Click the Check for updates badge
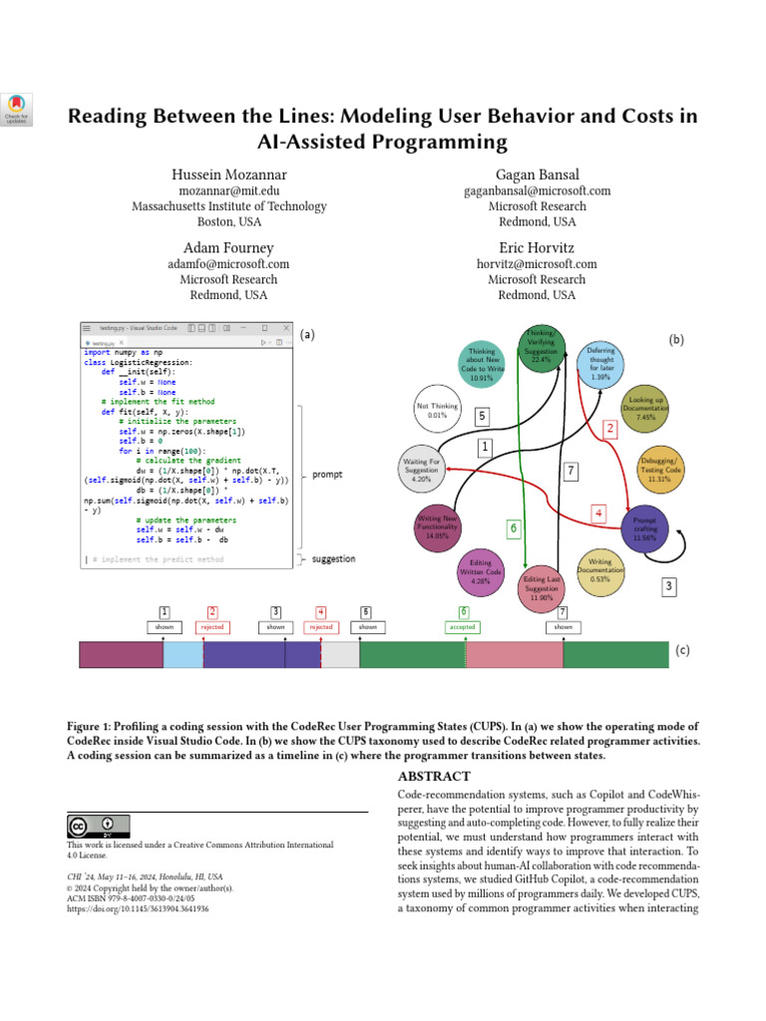coord(18,109)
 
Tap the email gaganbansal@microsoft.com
coord(537,190)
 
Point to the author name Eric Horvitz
coord(537,247)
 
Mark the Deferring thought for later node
coord(599,364)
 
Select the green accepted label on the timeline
coord(463,627)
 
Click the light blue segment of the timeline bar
coord(183,654)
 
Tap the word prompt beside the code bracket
coord(327,475)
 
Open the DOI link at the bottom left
coord(138,909)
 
